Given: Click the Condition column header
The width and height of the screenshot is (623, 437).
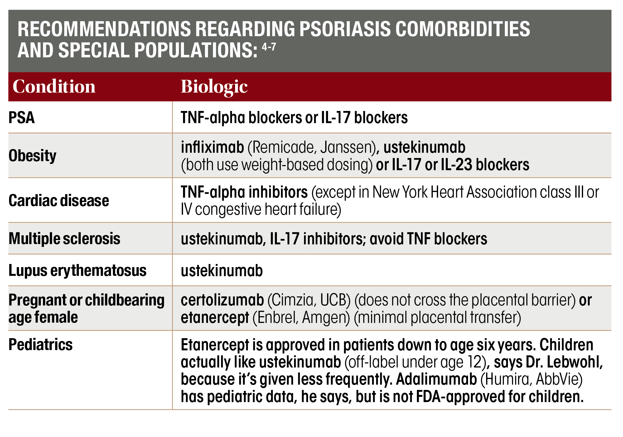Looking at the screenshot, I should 54,87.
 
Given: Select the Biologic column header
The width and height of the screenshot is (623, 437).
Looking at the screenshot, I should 214,87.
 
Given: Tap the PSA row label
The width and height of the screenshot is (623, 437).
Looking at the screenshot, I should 22,118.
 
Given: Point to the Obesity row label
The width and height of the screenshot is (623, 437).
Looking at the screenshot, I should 32,156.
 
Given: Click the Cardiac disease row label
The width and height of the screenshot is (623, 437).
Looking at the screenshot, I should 59,200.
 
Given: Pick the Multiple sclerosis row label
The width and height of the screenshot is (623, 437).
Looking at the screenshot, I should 64,239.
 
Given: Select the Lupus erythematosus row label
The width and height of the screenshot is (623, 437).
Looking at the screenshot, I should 77,271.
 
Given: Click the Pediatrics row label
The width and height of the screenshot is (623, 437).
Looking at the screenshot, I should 41,345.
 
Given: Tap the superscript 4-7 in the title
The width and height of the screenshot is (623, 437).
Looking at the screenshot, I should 268,47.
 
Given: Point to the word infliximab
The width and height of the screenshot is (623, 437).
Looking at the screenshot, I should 212,147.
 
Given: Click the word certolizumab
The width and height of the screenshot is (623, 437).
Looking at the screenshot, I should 222,300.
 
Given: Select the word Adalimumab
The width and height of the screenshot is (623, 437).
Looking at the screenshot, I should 436,379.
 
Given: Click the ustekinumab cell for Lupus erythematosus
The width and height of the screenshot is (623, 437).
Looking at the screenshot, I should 222,271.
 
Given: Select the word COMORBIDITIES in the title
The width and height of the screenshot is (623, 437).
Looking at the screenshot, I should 462,29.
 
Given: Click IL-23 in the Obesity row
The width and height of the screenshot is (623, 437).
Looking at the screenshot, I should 457,165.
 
